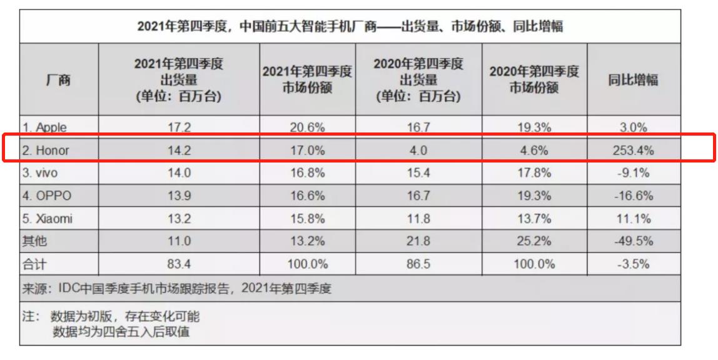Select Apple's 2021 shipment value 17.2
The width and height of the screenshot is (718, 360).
179,127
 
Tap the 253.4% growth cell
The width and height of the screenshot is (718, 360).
634,151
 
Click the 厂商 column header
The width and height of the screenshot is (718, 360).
59,79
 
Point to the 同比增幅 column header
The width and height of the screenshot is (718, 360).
634,79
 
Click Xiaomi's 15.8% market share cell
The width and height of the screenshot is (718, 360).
307,219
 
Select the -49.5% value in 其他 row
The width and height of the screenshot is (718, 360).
634,241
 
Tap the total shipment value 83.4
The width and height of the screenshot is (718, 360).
179,264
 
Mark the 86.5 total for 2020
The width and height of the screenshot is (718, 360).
418,264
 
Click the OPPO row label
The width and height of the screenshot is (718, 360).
47,196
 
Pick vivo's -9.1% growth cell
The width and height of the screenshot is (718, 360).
634,173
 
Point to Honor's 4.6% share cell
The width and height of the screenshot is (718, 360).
534,151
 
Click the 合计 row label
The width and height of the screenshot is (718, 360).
34,264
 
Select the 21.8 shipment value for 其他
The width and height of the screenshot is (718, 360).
418,241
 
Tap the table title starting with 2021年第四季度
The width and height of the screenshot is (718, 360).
350,27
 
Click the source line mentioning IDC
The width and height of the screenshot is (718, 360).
177,289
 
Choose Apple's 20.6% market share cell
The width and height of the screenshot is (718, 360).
307,127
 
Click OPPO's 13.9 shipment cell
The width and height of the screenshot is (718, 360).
179,196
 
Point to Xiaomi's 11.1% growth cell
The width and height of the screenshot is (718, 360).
634,219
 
